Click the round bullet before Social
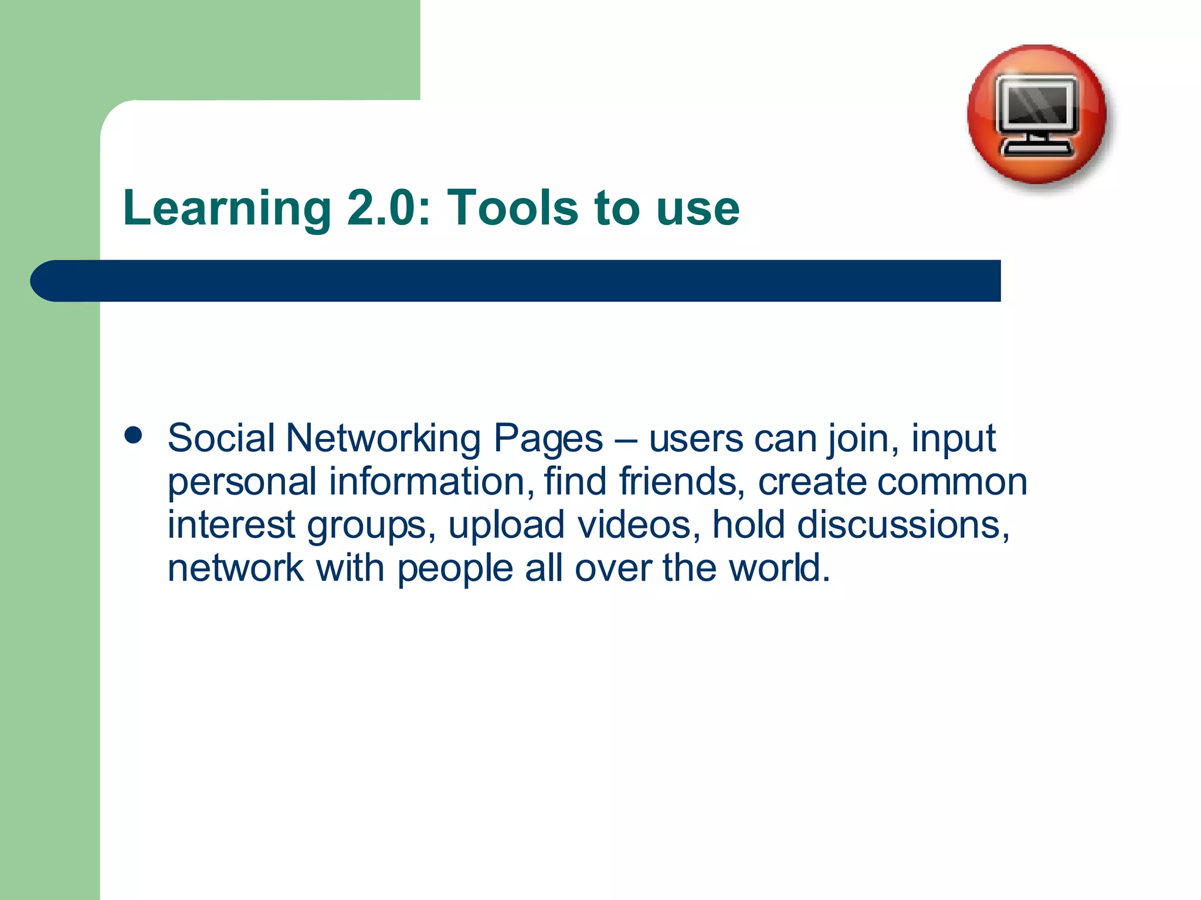tap(134, 435)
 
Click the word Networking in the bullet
tap(382, 438)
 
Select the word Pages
tap(548, 439)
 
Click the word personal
tap(242, 482)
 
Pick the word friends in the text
tap(682, 481)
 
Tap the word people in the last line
tap(455, 568)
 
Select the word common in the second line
tap(952, 481)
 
